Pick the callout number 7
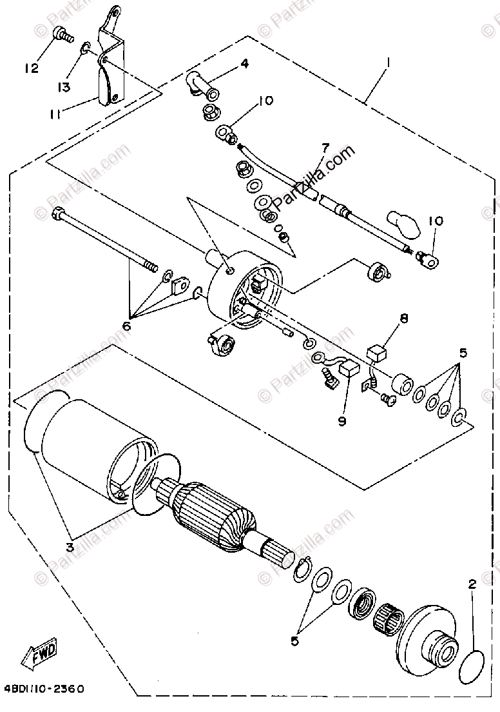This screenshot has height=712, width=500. pyautogui.click(x=325, y=148)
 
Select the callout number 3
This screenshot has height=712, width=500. pyautogui.click(x=70, y=548)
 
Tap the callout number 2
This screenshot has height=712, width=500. pyautogui.click(x=472, y=585)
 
